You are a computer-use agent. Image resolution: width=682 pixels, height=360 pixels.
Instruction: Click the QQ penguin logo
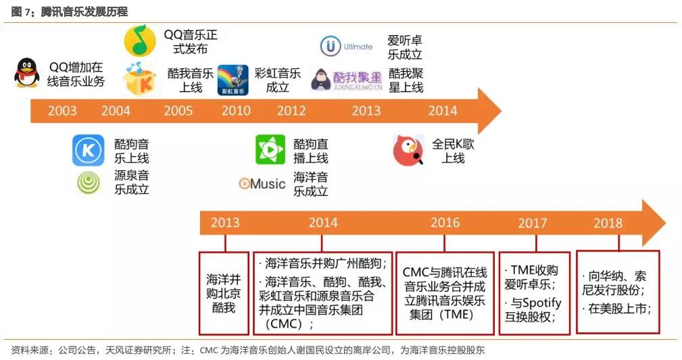pos(26,73)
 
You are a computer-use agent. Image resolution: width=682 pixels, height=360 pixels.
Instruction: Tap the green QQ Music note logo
pos(140,41)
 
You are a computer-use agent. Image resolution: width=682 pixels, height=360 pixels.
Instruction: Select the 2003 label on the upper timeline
pos(62,111)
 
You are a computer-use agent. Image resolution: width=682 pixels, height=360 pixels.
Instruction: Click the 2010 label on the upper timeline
pos(236,111)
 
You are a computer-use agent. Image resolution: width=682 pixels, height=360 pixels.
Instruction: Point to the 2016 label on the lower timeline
pos(445,223)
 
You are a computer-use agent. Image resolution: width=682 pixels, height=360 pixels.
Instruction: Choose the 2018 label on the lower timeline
pos(608,223)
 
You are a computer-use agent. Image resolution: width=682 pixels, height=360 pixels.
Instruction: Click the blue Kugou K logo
pos(89,151)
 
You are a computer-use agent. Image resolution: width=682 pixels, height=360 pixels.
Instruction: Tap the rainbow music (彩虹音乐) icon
pos(233,80)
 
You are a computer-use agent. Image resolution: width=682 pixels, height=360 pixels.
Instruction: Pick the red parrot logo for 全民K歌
pos(408,151)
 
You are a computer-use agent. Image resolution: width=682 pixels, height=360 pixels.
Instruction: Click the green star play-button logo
pos(270,149)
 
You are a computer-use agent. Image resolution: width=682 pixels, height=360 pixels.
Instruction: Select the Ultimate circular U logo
pos(331,46)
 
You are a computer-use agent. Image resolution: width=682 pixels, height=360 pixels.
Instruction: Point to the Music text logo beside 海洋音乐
pos(262,184)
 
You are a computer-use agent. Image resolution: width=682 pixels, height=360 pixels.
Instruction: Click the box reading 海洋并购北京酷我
pos(224,293)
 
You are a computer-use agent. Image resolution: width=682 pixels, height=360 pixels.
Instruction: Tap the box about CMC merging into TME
pos(445,293)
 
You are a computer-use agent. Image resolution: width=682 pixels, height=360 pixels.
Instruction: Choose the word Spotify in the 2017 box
pos(542,303)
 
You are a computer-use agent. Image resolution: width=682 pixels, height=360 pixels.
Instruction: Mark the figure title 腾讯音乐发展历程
pos(84,11)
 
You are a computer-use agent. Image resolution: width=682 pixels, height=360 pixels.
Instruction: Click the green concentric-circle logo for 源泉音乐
pos(89,182)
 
